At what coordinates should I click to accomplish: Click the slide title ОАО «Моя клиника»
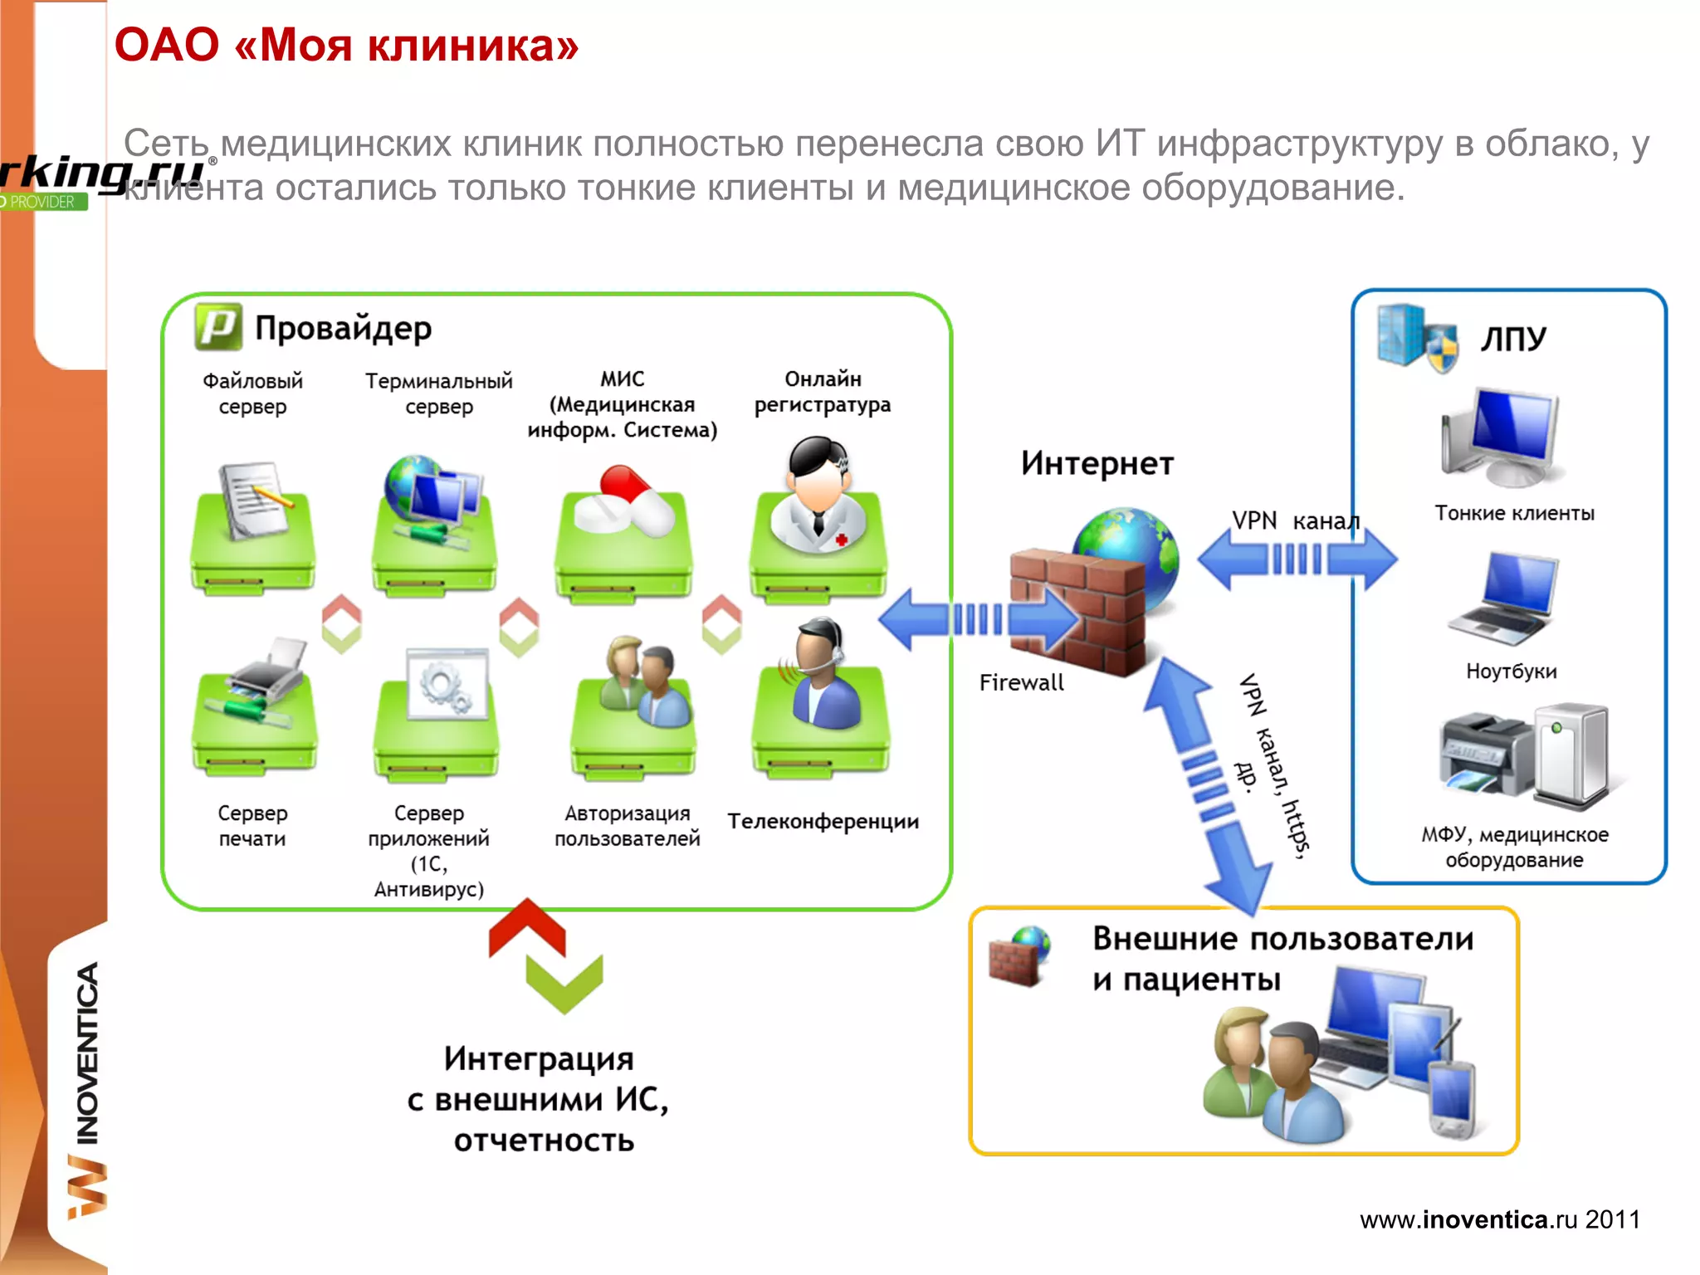(346, 46)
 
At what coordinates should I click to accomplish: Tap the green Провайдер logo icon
(218, 326)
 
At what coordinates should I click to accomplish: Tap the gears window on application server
(447, 684)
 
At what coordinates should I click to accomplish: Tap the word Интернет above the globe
(1097, 463)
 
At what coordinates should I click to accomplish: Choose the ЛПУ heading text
(1513, 339)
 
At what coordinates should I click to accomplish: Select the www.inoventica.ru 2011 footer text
(1499, 1219)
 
